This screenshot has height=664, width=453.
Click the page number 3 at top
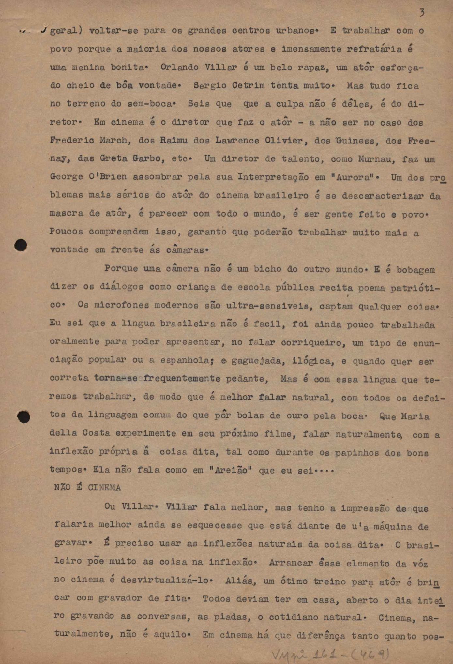422,13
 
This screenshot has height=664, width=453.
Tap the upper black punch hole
21,245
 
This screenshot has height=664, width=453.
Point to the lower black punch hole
23,417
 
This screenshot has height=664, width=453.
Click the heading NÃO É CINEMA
87,488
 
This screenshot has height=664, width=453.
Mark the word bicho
268,269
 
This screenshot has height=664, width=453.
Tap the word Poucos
66,232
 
